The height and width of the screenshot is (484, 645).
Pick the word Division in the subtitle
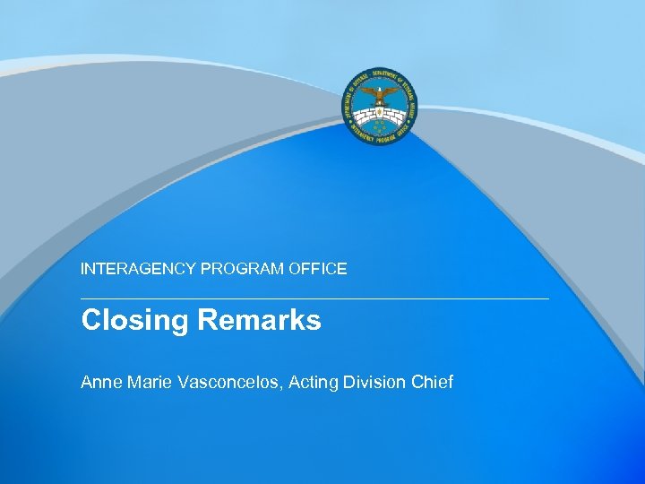point(376,383)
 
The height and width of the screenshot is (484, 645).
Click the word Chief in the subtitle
point(433,383)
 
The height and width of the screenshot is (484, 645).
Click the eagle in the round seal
point(378,93)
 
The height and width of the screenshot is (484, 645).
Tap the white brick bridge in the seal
point(378,115)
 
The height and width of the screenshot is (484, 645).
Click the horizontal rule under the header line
point(314,298)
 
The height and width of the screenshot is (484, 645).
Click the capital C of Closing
point(90,320)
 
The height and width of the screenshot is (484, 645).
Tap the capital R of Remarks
point(207,320)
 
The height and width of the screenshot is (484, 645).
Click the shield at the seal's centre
point(378,116)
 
